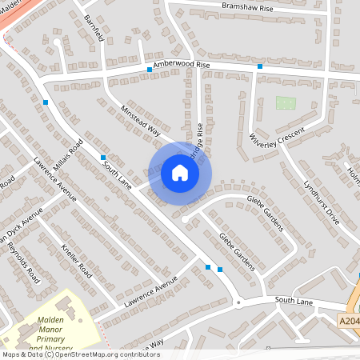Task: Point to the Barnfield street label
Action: point(94,29)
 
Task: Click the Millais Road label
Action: point(68,157)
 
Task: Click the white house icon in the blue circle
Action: point(180,173)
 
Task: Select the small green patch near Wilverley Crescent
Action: point(285,102)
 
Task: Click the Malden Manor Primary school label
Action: point(61,333)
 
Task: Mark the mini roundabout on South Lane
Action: point(238,302)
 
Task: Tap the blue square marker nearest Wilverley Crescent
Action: point(260,66)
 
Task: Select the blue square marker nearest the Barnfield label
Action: point(150,70)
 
